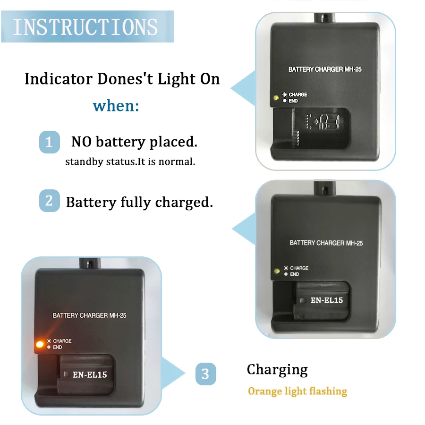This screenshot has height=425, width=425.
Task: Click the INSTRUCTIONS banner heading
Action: tap(85, 27)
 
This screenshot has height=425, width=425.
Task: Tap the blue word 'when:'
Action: tap(116, 106)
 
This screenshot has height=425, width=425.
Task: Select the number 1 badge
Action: tap(50, 142)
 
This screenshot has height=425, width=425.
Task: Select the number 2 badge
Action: tap(50, 201)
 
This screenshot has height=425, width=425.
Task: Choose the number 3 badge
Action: tap(206, 374)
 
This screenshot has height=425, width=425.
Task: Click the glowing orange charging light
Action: tap(40, 344)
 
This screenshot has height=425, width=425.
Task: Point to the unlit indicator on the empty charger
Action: tap(276, 98)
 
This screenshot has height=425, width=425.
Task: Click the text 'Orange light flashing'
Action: tap(297, 391)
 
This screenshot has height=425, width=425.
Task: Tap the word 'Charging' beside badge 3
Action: tap(277, 370)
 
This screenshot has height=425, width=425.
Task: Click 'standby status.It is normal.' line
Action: tap(130, 161)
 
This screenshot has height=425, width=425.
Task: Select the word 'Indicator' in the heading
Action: tap(59, 79)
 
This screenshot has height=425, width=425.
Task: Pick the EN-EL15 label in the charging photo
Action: tap(90, 374)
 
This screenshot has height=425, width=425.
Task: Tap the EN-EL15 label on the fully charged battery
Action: tap(327, 300)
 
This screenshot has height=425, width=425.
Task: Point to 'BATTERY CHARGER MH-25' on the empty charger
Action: tap(325, 69)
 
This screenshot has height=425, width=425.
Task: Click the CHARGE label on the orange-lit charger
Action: tap(62, 341)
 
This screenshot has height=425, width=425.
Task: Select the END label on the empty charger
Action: tap(293, 101)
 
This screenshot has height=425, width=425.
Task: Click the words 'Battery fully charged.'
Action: tap(140, 202)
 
